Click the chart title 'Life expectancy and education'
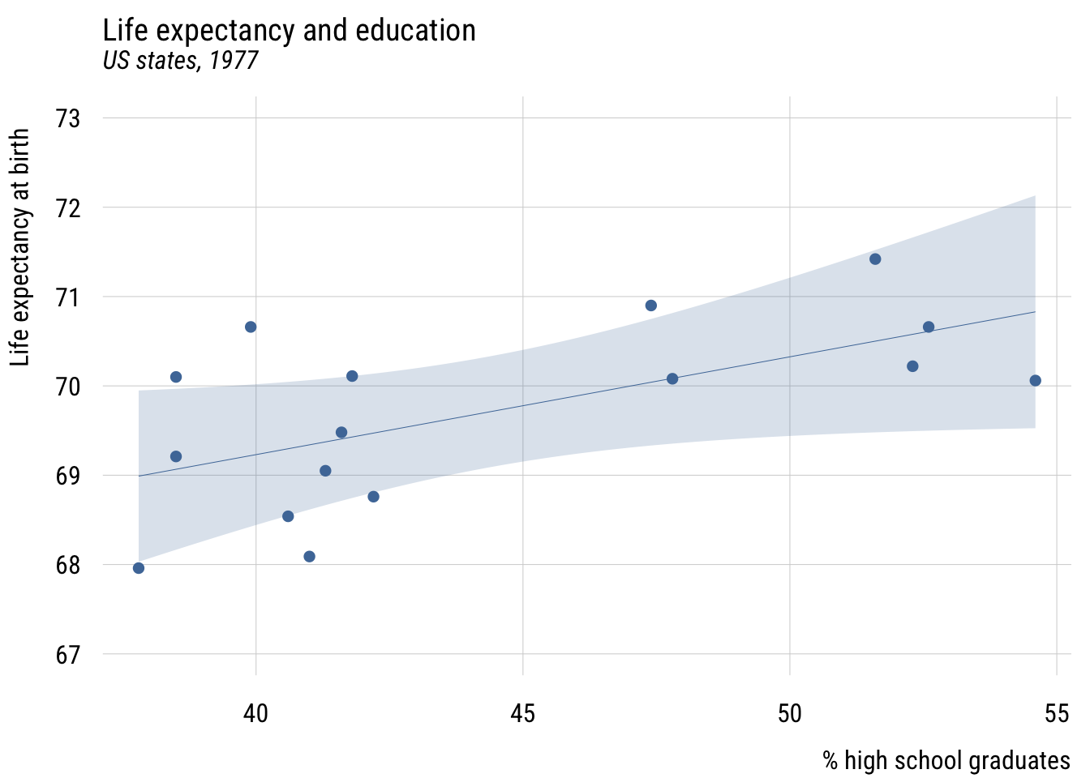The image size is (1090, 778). (x=289, y=31)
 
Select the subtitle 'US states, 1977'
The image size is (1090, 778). (x=180, y=61)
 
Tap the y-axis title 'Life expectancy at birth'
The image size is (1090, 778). (x=21, y=247)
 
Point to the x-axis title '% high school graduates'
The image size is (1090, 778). (x=946, y=760)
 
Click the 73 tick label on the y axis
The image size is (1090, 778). (x=68, y=118)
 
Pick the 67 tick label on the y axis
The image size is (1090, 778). (x=68, y=654)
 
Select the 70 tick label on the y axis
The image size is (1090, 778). (x=68, y=386)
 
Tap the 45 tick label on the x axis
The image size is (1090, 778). (x=523, y=713)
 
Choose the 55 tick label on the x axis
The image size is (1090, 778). (x=1056, y=713)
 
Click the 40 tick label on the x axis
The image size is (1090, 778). (x=256, y=713)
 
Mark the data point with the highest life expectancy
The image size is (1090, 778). (x=875, y=259)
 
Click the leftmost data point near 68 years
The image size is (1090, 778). (x=139, y=568)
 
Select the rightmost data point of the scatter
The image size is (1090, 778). (x=1035, y=381)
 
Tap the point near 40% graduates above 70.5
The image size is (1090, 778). (x=251, y=327)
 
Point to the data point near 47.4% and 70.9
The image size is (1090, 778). (x=650, y=306)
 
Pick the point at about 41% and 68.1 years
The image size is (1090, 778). (x=309, y=556)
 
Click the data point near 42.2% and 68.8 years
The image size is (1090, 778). (x=373, y=497)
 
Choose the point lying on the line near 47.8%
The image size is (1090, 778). (x=672, y=378)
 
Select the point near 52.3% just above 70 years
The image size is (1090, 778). (x=912, y=366)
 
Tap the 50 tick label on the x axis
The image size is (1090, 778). (x=789, y=713)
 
